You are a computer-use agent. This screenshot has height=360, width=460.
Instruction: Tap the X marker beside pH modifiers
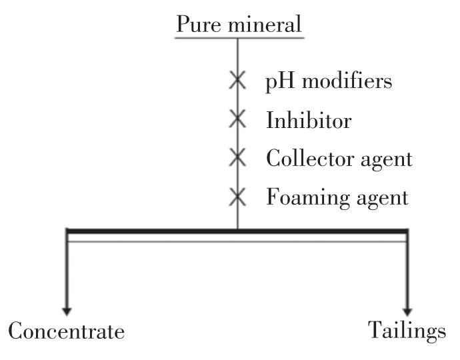[237, 83]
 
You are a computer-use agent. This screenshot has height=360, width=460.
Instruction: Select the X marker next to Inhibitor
[237, 121]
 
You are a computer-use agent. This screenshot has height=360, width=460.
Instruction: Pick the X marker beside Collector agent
[237, 159]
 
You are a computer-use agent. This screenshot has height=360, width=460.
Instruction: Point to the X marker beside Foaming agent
[237, 197]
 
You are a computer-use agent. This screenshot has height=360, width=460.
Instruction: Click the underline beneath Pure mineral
[238, 37]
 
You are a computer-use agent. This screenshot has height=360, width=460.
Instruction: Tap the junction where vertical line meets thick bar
[238, 231]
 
